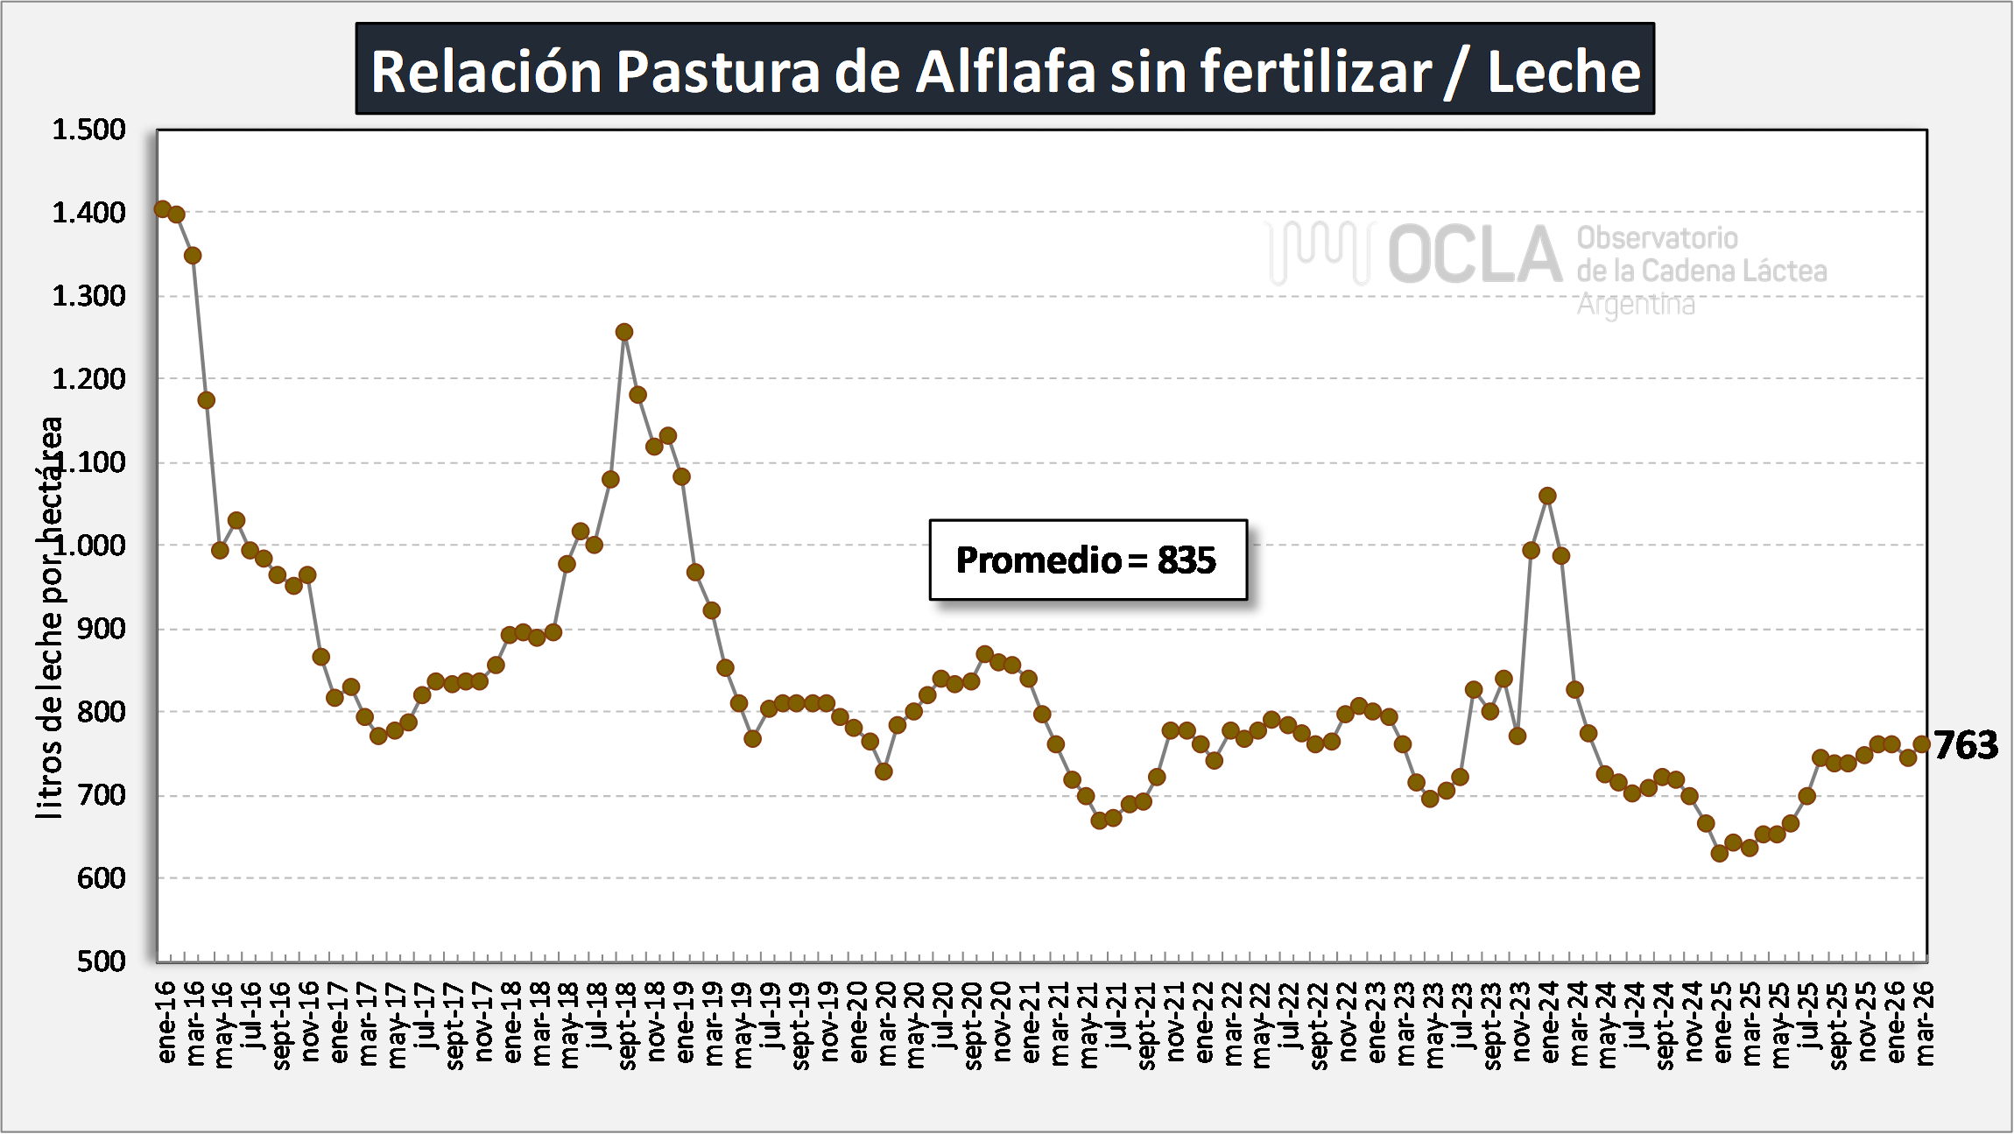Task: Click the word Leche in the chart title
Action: click(1564, 72)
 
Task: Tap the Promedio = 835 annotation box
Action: click(1088, 560)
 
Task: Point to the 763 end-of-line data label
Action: click(1967, 745)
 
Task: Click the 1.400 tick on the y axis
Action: click(88, 213)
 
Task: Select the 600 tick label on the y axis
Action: click(102, 878)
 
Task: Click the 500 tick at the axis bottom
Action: click(102, 961)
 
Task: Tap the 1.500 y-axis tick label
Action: click(88, 130)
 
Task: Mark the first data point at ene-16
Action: click(162, 208)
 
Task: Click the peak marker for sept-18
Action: click(624, 332)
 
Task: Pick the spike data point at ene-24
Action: click(1547, 496)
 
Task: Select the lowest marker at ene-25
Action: click(1720, 853)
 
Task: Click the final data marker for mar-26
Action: click(1922, 744)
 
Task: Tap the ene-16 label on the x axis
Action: click(166, 1023)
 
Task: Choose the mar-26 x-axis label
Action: click(1924, 1023)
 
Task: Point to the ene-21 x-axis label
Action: click(1032, 1023)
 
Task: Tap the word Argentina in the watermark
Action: click(1636, 305)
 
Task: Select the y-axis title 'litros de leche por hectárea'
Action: click(50, 617)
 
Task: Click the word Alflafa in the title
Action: click(1005, 72)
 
